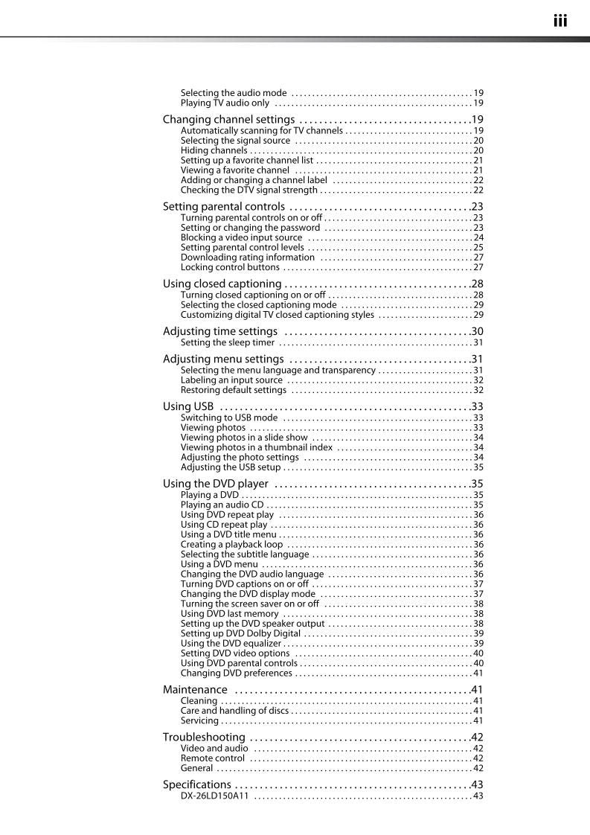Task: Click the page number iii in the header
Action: point(559,21)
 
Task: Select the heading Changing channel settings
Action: point(228,120)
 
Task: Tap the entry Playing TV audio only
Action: point(225,103)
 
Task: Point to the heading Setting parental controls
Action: point(223,207)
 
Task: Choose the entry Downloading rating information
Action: point(247,257)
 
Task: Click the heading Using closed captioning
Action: point(222,284)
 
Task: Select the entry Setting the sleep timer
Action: point(227,343)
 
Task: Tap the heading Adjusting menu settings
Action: point(222,359)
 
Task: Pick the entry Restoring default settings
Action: point(233,390)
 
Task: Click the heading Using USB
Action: point(188,406)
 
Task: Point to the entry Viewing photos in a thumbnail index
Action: point(256,448)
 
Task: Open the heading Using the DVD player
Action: point(215,484)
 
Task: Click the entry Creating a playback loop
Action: point(231,545)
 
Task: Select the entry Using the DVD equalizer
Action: point(231,644)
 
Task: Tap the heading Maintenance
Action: point(195,690)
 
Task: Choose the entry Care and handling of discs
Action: point(234,711)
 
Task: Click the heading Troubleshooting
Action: point(204,738)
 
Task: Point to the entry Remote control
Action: point(212,758)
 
